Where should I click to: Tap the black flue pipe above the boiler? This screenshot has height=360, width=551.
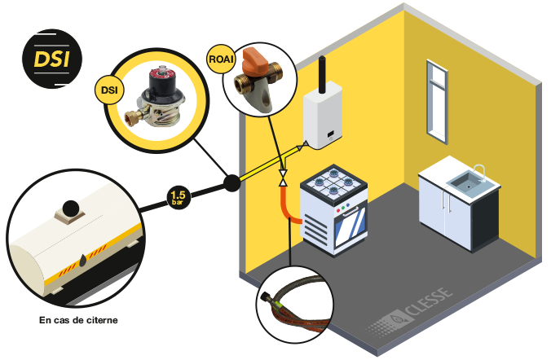322,73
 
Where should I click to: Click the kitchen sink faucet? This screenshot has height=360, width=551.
479,170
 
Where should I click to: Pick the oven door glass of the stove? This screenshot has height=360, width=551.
344,225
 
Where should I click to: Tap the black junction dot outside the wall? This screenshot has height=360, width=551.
231,183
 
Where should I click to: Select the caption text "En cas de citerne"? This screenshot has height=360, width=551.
78,320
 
